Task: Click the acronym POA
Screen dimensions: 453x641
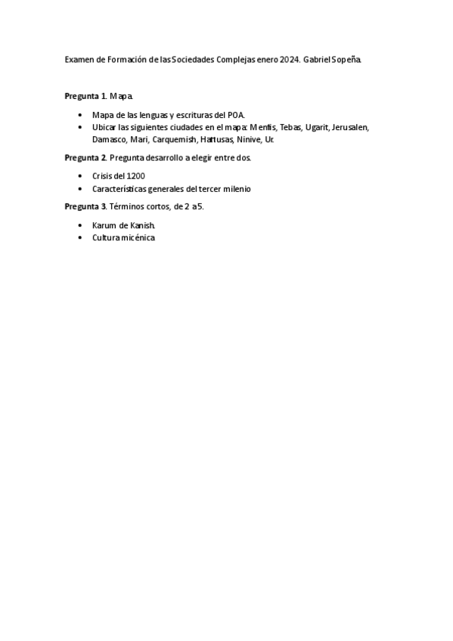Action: pos(236,115)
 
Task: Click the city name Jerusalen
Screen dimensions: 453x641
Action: pos(350,127)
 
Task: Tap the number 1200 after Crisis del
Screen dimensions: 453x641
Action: pos(135,176)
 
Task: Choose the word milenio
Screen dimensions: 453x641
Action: pos(234,188)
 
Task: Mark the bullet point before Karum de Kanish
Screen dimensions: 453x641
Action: pos(80,225)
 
